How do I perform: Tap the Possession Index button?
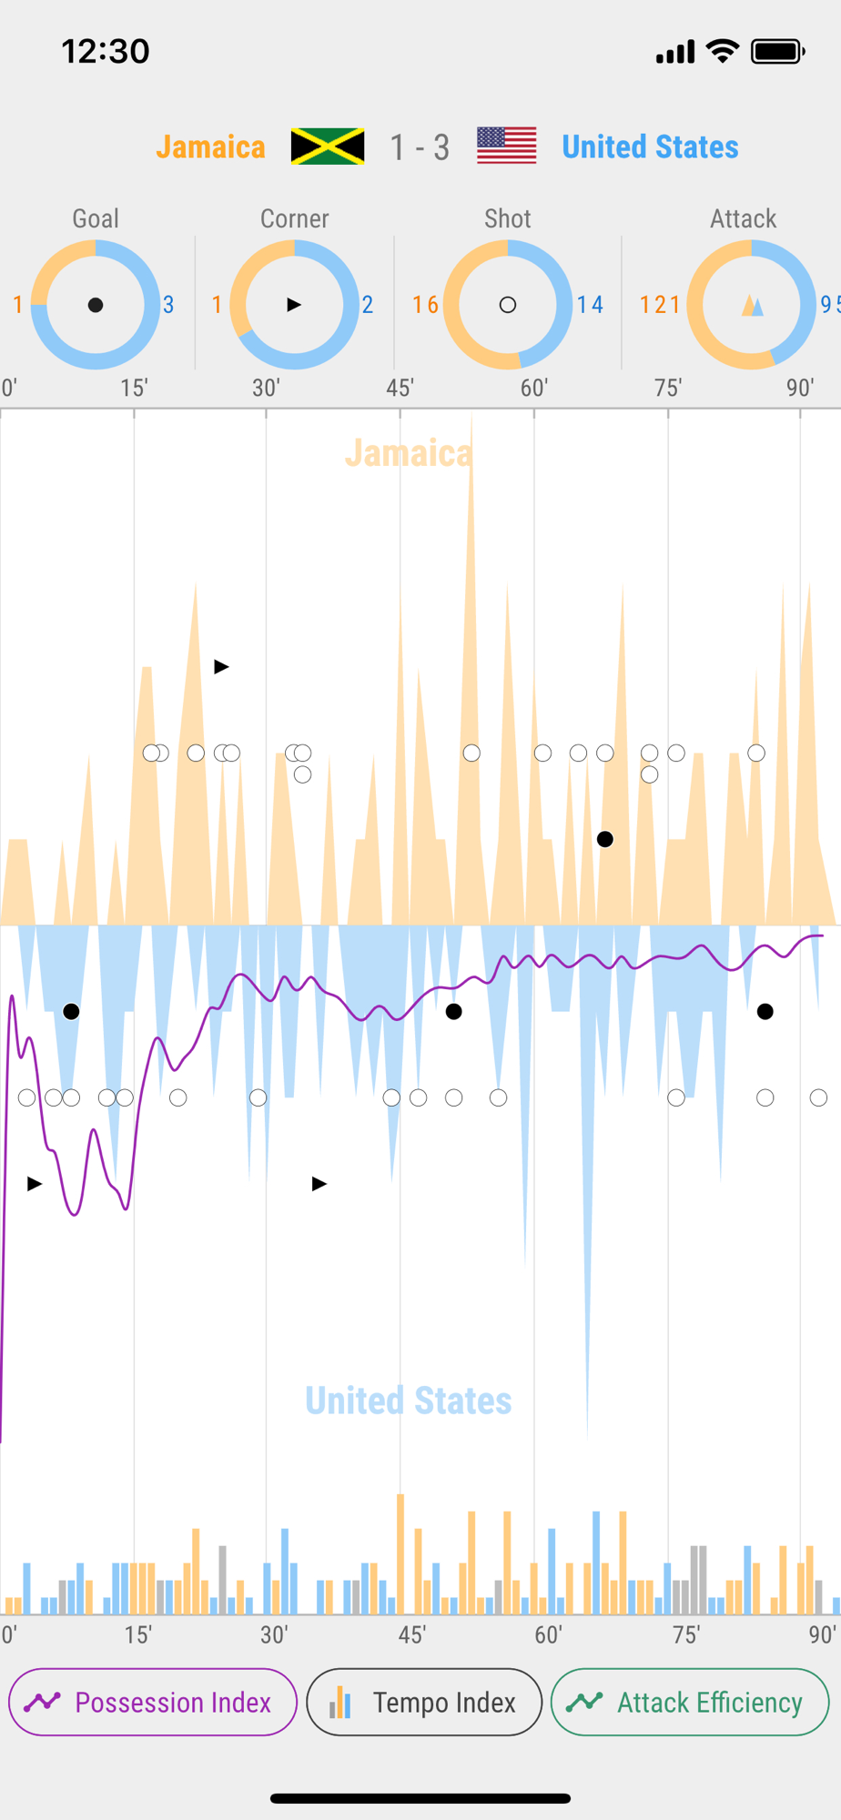pos(153,1702)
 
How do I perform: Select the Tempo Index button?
pos(424,1702)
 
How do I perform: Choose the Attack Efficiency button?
pos(690,1702)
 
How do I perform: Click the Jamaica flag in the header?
pos(328,147)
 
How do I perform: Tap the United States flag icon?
pos(507,146)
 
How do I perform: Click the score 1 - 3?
pos(420,147)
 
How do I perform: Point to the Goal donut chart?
pos(96,305)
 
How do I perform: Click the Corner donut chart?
pos(294,305)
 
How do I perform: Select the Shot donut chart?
pos(508,305)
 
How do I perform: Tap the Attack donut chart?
pos(752,305)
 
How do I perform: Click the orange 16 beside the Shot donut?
pos(425,305)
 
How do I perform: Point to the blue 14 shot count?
pos(590,305)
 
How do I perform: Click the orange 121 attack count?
pos(660,305)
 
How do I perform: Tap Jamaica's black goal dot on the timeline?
pos(605,839)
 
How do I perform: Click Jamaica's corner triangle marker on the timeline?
pos(221,667)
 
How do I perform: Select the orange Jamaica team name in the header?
pos(210,147)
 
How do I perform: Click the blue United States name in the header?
pos(650,147)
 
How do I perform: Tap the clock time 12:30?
pos(106,51)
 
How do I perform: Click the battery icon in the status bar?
pos(777,52)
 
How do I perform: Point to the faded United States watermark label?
pos(409,1400)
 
